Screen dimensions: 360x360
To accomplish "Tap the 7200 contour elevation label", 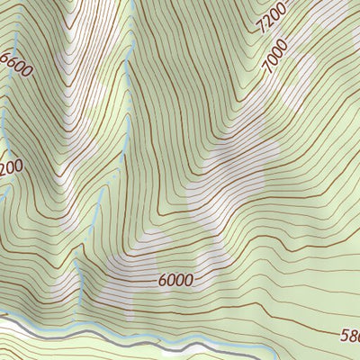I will point(271,18).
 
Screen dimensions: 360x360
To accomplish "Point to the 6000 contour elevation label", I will point(175,280).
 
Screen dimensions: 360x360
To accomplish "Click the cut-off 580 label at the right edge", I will point(349,335).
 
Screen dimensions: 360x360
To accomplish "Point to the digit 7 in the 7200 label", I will point(259,29).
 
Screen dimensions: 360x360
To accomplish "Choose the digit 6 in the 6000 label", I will point(162,281).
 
